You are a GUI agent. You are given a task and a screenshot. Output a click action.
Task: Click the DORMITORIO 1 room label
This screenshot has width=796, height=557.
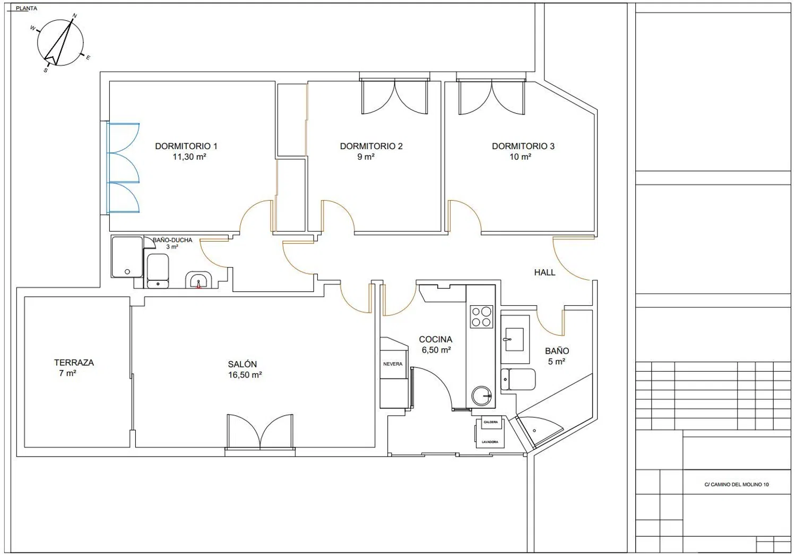click(x=186, y=146)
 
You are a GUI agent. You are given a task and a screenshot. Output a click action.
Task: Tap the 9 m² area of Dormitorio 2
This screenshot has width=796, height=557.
click(x=366, y=157)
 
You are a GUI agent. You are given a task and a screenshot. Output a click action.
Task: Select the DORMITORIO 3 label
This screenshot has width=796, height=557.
click(x=523, y=146)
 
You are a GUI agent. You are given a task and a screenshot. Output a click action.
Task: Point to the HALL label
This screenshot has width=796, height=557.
click(x=544, y=272)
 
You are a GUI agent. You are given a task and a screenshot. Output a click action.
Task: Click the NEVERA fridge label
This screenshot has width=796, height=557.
click(x=393, y=364)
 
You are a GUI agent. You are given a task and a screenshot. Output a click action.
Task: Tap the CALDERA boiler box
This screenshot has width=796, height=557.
click(x=491, y=422)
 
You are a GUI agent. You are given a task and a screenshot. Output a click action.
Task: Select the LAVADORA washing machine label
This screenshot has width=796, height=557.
click(x=490, y=442)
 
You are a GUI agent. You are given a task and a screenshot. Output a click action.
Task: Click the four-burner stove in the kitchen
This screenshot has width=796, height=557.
click(x=481, y=316)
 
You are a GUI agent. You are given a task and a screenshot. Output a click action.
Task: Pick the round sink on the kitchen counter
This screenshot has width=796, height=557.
click(x=481, y=396)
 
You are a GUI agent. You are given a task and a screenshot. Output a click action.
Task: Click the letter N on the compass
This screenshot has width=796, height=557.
click(x=75, y=15)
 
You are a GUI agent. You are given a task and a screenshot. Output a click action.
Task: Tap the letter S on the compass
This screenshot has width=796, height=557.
click(x=46, y=71)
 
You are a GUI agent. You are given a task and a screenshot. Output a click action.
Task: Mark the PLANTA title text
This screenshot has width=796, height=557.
click(x=27, y=8)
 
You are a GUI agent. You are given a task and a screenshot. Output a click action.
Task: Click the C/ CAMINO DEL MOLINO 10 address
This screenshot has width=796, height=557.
click(x=737, y=484)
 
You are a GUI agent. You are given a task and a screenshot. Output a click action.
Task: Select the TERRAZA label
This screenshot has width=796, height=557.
click(x=74, y=363)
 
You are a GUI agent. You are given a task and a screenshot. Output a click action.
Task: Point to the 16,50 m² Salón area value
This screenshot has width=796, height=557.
click(x=245, y=375)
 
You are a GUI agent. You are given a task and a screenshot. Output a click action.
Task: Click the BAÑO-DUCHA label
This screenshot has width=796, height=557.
click(x=172, y=240)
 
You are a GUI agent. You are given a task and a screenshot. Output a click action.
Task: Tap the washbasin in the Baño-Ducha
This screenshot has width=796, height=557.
click(x=198, y=280)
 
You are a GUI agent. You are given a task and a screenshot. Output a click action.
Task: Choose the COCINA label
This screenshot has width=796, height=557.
click(x=435, y=339)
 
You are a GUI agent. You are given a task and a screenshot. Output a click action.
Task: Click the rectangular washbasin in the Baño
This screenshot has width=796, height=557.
click(x=514, y=339)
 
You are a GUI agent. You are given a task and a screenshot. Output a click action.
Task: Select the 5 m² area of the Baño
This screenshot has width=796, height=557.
click(x=557, y=362)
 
